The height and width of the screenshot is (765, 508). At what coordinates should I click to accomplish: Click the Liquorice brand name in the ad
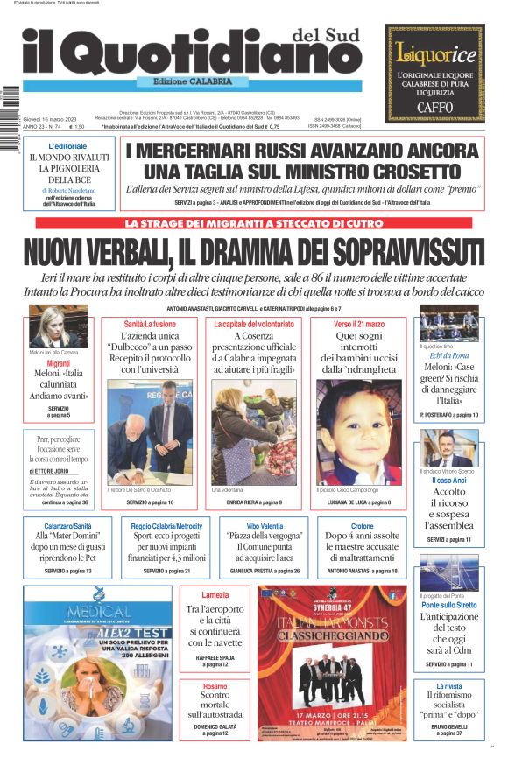point(435,53)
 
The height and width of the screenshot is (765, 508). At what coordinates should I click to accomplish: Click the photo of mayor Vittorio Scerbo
point(449,447)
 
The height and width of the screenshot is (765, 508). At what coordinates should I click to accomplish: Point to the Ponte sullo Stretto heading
point(449,604)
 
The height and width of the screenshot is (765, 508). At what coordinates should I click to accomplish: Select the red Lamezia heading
point(208,595)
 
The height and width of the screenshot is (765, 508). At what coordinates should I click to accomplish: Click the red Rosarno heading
point(208,687)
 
